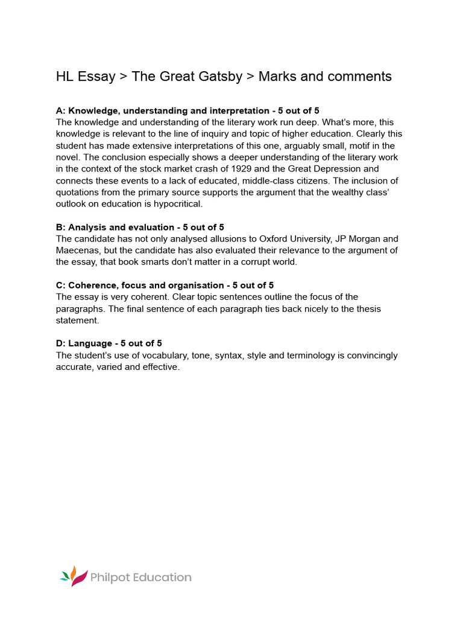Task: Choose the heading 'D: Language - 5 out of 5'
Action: (109, 343)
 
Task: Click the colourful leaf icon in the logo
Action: (72, 576)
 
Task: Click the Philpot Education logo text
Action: (140, 578)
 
